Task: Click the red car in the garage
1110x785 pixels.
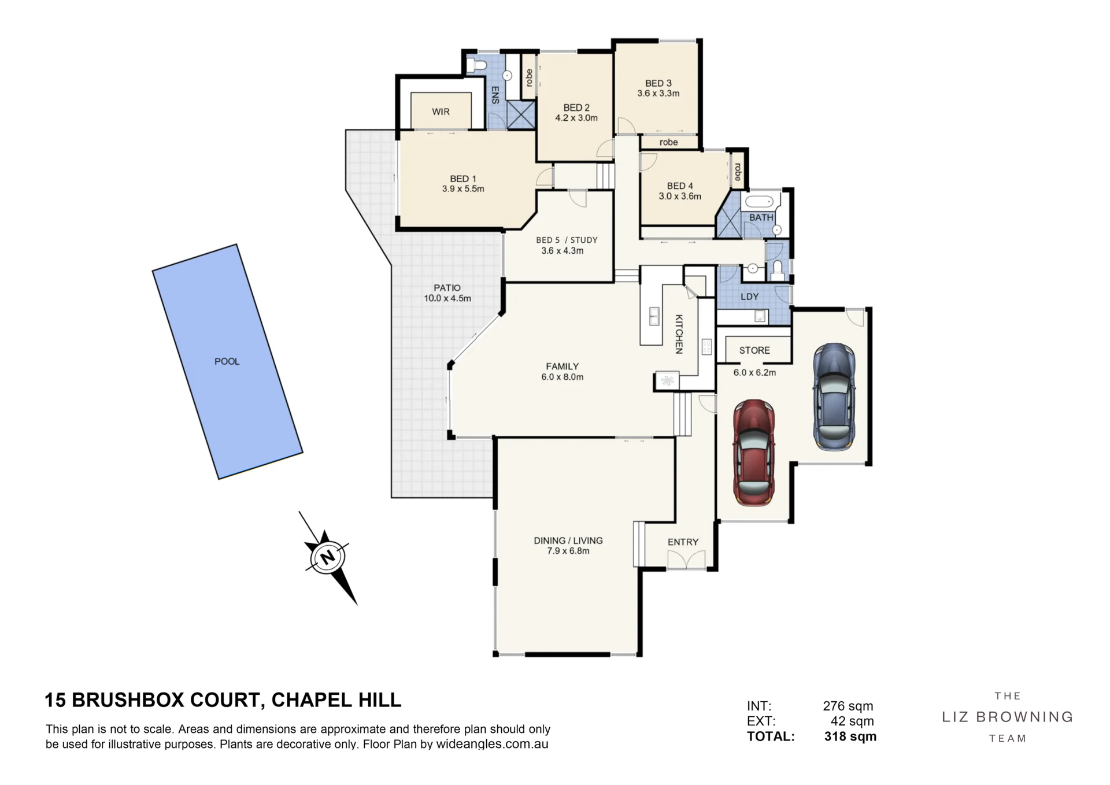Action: tap(754, 453)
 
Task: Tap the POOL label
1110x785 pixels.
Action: tap(227, 361)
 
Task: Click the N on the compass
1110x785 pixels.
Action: tap(328, 558)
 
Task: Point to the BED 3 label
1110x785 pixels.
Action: tap(658, 83)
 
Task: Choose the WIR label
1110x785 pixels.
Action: tap(441, 112)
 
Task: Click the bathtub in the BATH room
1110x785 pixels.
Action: tap(759, 202)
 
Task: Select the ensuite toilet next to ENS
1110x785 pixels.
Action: tap(476, 65)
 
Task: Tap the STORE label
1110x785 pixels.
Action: tap(754, 350)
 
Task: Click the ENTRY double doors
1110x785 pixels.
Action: tap(686, 559)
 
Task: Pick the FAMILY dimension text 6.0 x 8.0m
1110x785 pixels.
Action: tap(563, 377)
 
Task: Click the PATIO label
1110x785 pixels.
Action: tap(447, 288)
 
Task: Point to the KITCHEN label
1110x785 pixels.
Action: tap(679, 334)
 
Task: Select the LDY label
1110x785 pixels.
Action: tap(750, 297)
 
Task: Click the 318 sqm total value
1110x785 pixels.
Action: tap(850, 736)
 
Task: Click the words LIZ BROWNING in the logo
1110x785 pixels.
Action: tap(1008, 717)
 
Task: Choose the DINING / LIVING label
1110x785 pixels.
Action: tap(568, 540)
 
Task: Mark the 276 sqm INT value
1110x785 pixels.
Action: tap(848, 706)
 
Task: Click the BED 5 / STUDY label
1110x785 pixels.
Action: tap(567, 240)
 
